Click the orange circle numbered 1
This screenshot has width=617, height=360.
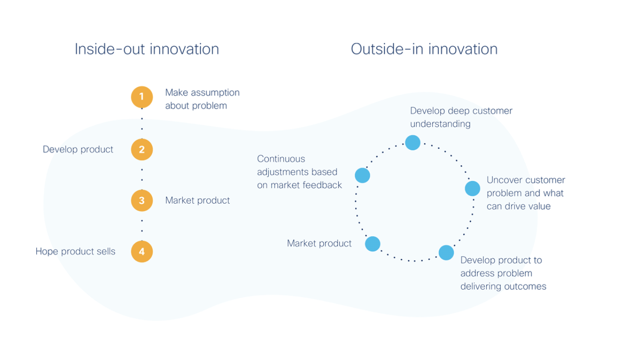pyautogui.click(x=142, y=97)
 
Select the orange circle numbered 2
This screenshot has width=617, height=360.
pyautogui.click(x=142, y=149)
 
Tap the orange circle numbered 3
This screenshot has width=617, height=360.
pyautogui.click(x=142, y=200)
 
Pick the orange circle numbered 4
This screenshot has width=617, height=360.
pyautogui.click(x=142, y=251)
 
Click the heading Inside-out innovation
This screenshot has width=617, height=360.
pyautogui.click(x=146, y=49)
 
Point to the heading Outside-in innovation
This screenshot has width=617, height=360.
pyautogui.click(x=424, y=49)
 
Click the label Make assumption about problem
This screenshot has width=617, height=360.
pyautogui.click(x=202, y=99)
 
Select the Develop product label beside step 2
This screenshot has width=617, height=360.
pyautogui.click(x=78, y=149)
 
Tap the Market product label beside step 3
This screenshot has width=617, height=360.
pyautogui.click(x=197, y=200)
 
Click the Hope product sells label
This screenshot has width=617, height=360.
pyautogui.click(x=75, y=251)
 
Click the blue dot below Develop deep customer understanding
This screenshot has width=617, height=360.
pyautogui.click(x=412, y=142)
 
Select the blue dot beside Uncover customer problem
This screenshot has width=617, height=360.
pyautogui.click(x=472, y=189)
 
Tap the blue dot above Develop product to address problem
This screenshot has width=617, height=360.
pyautogui.click(x=446, y=253)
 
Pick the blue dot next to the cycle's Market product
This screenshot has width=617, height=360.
pyautogui.click(x=372, y=244)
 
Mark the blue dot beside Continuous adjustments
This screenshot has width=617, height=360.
pyautogui.click(x=362, y=175)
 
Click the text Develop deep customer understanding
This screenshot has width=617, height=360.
pyautogui.click(x=461, y=117)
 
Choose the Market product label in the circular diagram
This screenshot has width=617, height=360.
pyautogui.click(x=319, y=243)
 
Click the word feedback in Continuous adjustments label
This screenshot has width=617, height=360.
pyautogui.click(x=323, y=185)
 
